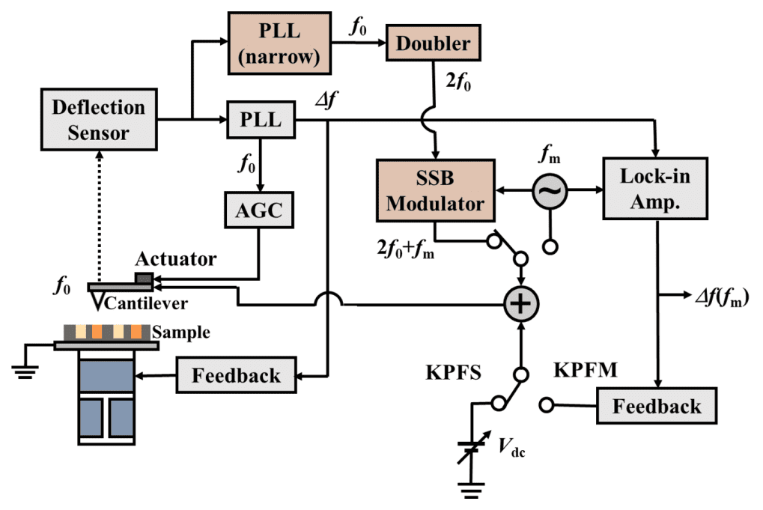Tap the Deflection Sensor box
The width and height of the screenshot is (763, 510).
98,119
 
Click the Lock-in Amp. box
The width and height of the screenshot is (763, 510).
656,189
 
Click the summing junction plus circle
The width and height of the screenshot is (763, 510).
520,304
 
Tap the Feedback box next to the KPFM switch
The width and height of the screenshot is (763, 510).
656,406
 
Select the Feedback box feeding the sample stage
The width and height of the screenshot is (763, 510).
237,375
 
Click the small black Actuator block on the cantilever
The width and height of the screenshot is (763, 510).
143,279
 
